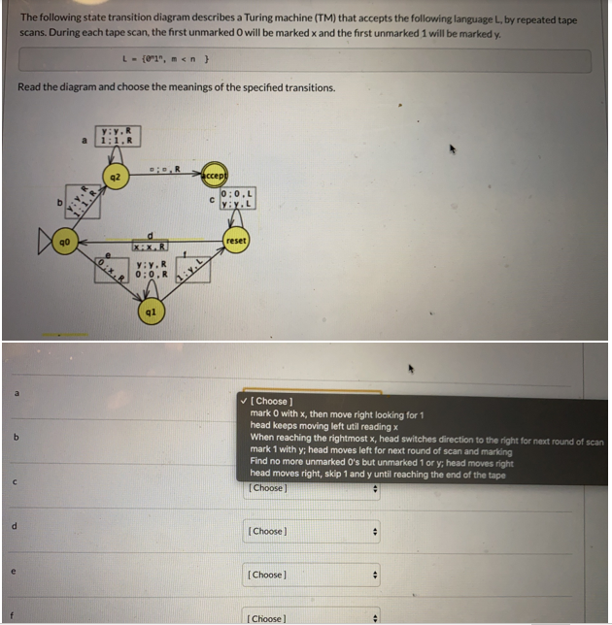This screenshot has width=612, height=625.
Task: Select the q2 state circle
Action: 117,181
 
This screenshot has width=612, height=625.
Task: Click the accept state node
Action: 215,179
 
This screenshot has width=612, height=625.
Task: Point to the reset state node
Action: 236,240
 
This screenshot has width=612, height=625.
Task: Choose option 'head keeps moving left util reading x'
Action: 323,425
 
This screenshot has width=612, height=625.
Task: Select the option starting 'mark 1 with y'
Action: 379,450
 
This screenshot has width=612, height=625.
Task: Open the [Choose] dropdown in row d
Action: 311,531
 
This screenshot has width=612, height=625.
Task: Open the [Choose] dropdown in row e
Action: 311,575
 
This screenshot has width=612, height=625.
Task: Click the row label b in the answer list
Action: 16,438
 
